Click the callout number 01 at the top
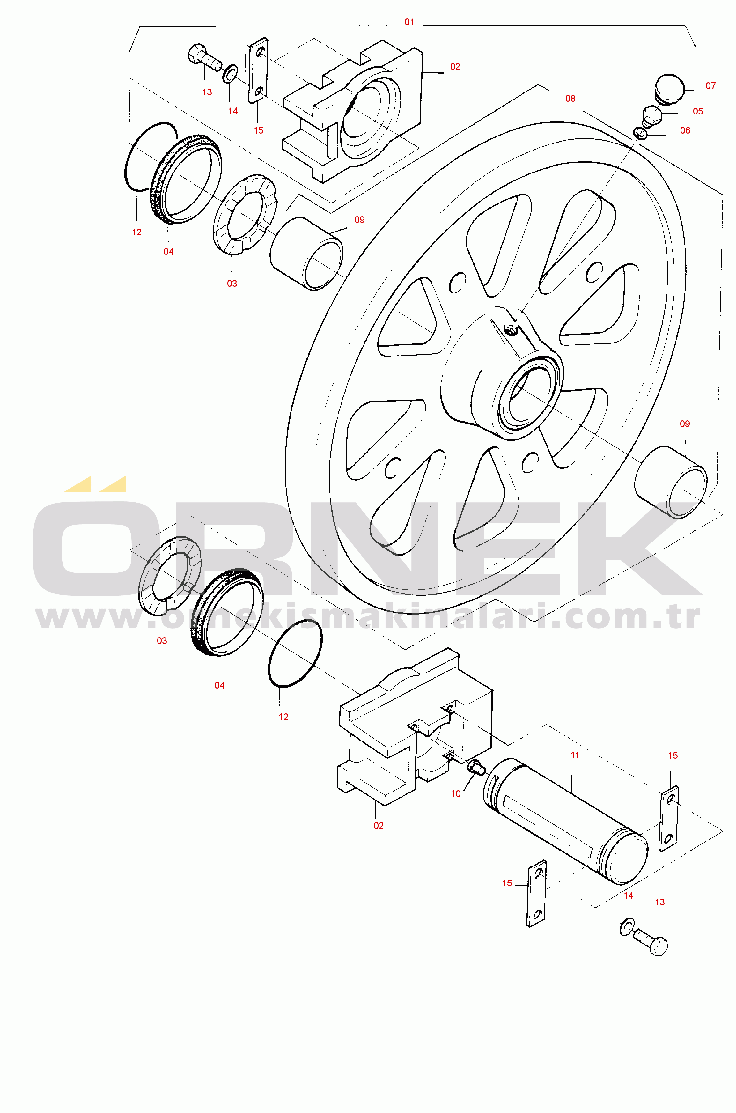pyautogui.click(x=409, y=22)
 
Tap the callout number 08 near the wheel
pyautogui.click(x=570, y=99)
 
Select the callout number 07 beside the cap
pyautogui.click(x=710, y=86)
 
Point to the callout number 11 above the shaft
pyautogui.click(x=575, y=755)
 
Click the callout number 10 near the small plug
pyautogui.click(x=456, y=794)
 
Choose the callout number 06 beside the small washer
pyautogui.click(x=685, y=130)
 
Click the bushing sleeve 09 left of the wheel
pyautogui.click(x=306, y=254)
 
